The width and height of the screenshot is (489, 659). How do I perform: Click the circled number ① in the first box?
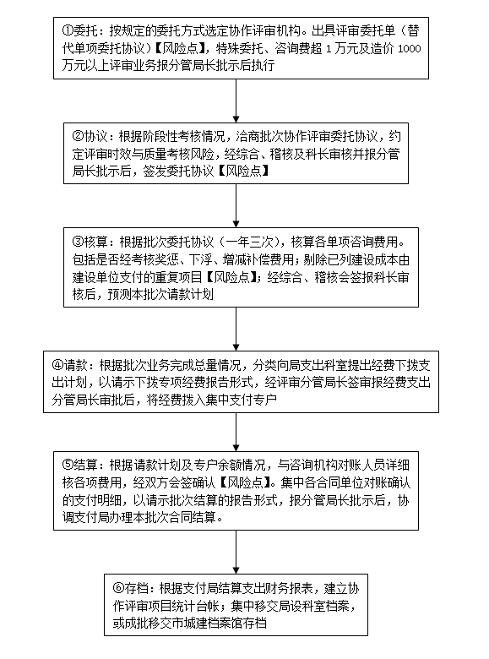coord(68,30)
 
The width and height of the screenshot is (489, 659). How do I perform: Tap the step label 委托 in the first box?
coord(85,30)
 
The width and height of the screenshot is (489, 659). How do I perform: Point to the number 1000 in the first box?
coord(409,49)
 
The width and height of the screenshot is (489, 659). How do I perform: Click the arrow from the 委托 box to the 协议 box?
coord(236,101)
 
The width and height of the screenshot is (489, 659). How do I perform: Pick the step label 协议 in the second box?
coord(95,137)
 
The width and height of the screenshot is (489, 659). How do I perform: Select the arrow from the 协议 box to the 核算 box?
coord(236,206)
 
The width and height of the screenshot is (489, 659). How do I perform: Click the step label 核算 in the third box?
coord(95,242)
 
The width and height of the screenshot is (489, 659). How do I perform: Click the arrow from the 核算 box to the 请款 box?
coord(236,329)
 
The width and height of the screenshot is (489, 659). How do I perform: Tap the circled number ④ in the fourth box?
coord(57,365)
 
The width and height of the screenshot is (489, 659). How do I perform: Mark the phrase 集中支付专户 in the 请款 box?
coord(242,400)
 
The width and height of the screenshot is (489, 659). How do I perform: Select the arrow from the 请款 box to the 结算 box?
coord(236,432)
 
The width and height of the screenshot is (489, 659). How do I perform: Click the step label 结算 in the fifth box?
coord(85,465)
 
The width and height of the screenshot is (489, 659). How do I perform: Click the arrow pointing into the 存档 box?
coord(236,552)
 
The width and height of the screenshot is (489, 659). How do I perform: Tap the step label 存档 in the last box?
coord(136,588)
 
